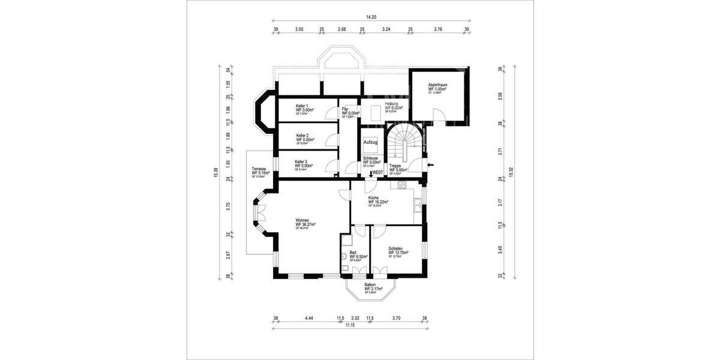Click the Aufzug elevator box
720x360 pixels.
click(x=370, y=143)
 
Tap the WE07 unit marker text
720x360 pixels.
click(x=378, y=173)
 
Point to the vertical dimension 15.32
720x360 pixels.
click(x=511, y=172)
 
